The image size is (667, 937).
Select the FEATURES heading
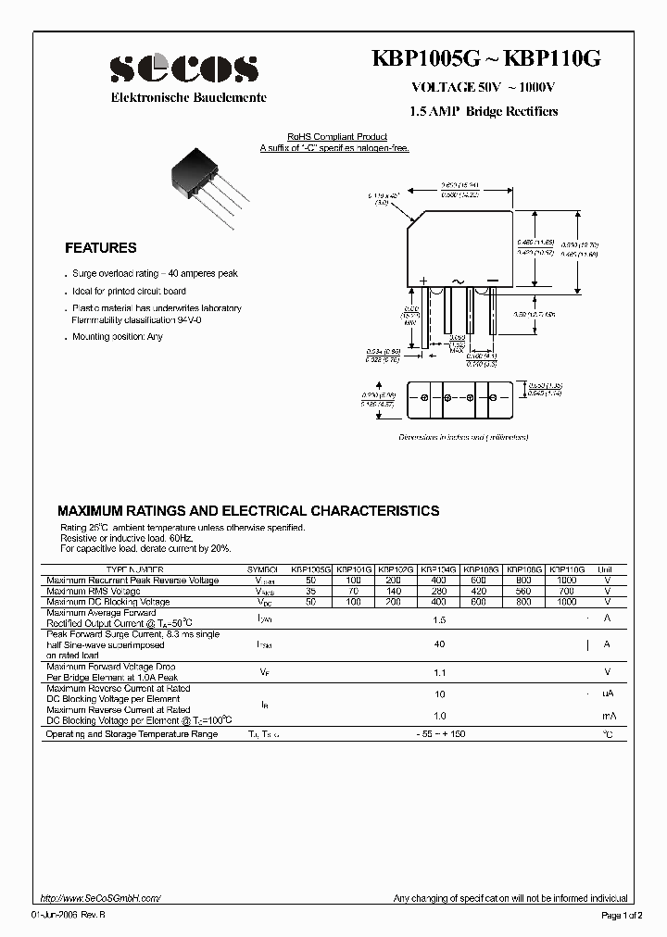click(x=100, y=248)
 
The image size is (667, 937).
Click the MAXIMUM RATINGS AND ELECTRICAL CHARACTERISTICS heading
click(x=248, y=511)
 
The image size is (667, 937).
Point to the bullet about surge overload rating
click(x=155, y=274)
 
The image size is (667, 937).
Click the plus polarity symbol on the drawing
click(x=423, y=280)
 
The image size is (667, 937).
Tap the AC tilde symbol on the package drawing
click(x=458, y=280)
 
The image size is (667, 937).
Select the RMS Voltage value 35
click(x=309, y=591)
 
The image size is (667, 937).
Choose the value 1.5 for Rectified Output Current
click(x=439, y=618)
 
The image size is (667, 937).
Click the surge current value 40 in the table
click(x=439, y=644)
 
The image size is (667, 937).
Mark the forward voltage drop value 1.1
click(x=439, y=672)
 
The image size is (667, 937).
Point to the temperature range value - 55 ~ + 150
click(x=439, y=734)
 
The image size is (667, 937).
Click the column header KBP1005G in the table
click(x=309, y=570)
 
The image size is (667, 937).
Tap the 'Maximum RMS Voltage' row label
click(x=94, y=591)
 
